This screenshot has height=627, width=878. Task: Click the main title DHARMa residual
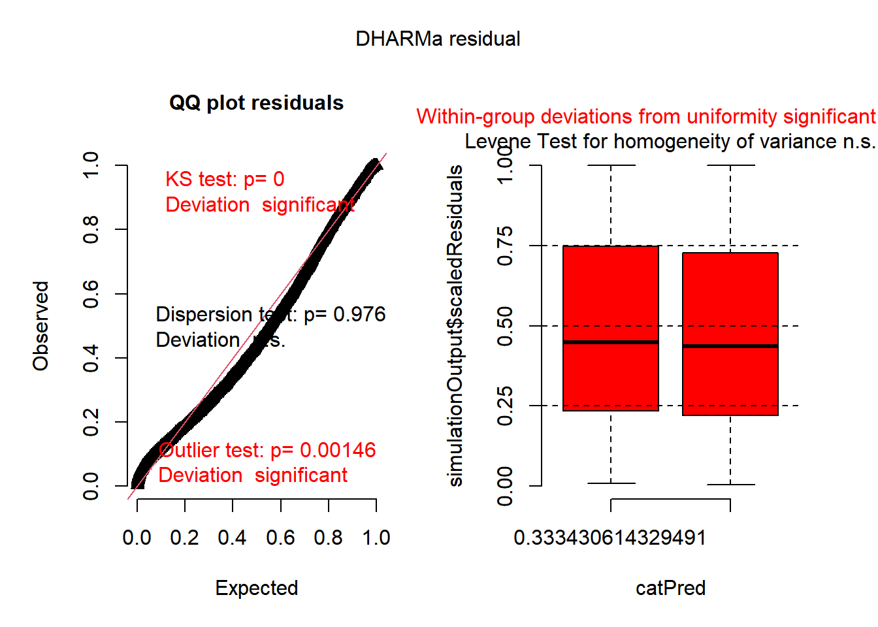[438, 39]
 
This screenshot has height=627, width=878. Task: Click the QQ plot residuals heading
[256, 103]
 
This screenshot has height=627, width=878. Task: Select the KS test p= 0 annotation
[225, 180]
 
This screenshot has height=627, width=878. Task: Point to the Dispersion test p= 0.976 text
[270, 315]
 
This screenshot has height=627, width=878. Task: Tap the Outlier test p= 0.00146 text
[267, 451]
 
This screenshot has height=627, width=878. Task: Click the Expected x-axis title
[256, 588]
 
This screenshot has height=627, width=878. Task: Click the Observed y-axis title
[41, 326]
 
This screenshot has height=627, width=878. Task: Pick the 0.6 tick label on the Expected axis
[280, 538]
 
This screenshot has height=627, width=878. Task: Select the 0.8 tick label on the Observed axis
[91, 230]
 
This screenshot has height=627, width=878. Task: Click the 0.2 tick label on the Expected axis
[184, 538]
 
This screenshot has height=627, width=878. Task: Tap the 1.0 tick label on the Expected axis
[376, 538]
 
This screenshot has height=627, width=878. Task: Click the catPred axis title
[670, 588]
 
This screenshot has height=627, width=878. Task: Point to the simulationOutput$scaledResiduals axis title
[455, 326]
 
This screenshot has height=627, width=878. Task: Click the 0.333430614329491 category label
[610, 538]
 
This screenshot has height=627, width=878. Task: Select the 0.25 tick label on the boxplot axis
[504, 406]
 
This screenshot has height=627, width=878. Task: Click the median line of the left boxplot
[611, 342]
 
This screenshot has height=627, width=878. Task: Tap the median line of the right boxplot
[730, 346]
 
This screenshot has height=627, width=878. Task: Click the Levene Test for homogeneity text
[670, 142]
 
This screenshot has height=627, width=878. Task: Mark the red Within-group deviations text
[645, 117]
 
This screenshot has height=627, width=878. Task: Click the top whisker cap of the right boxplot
[730, 165]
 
